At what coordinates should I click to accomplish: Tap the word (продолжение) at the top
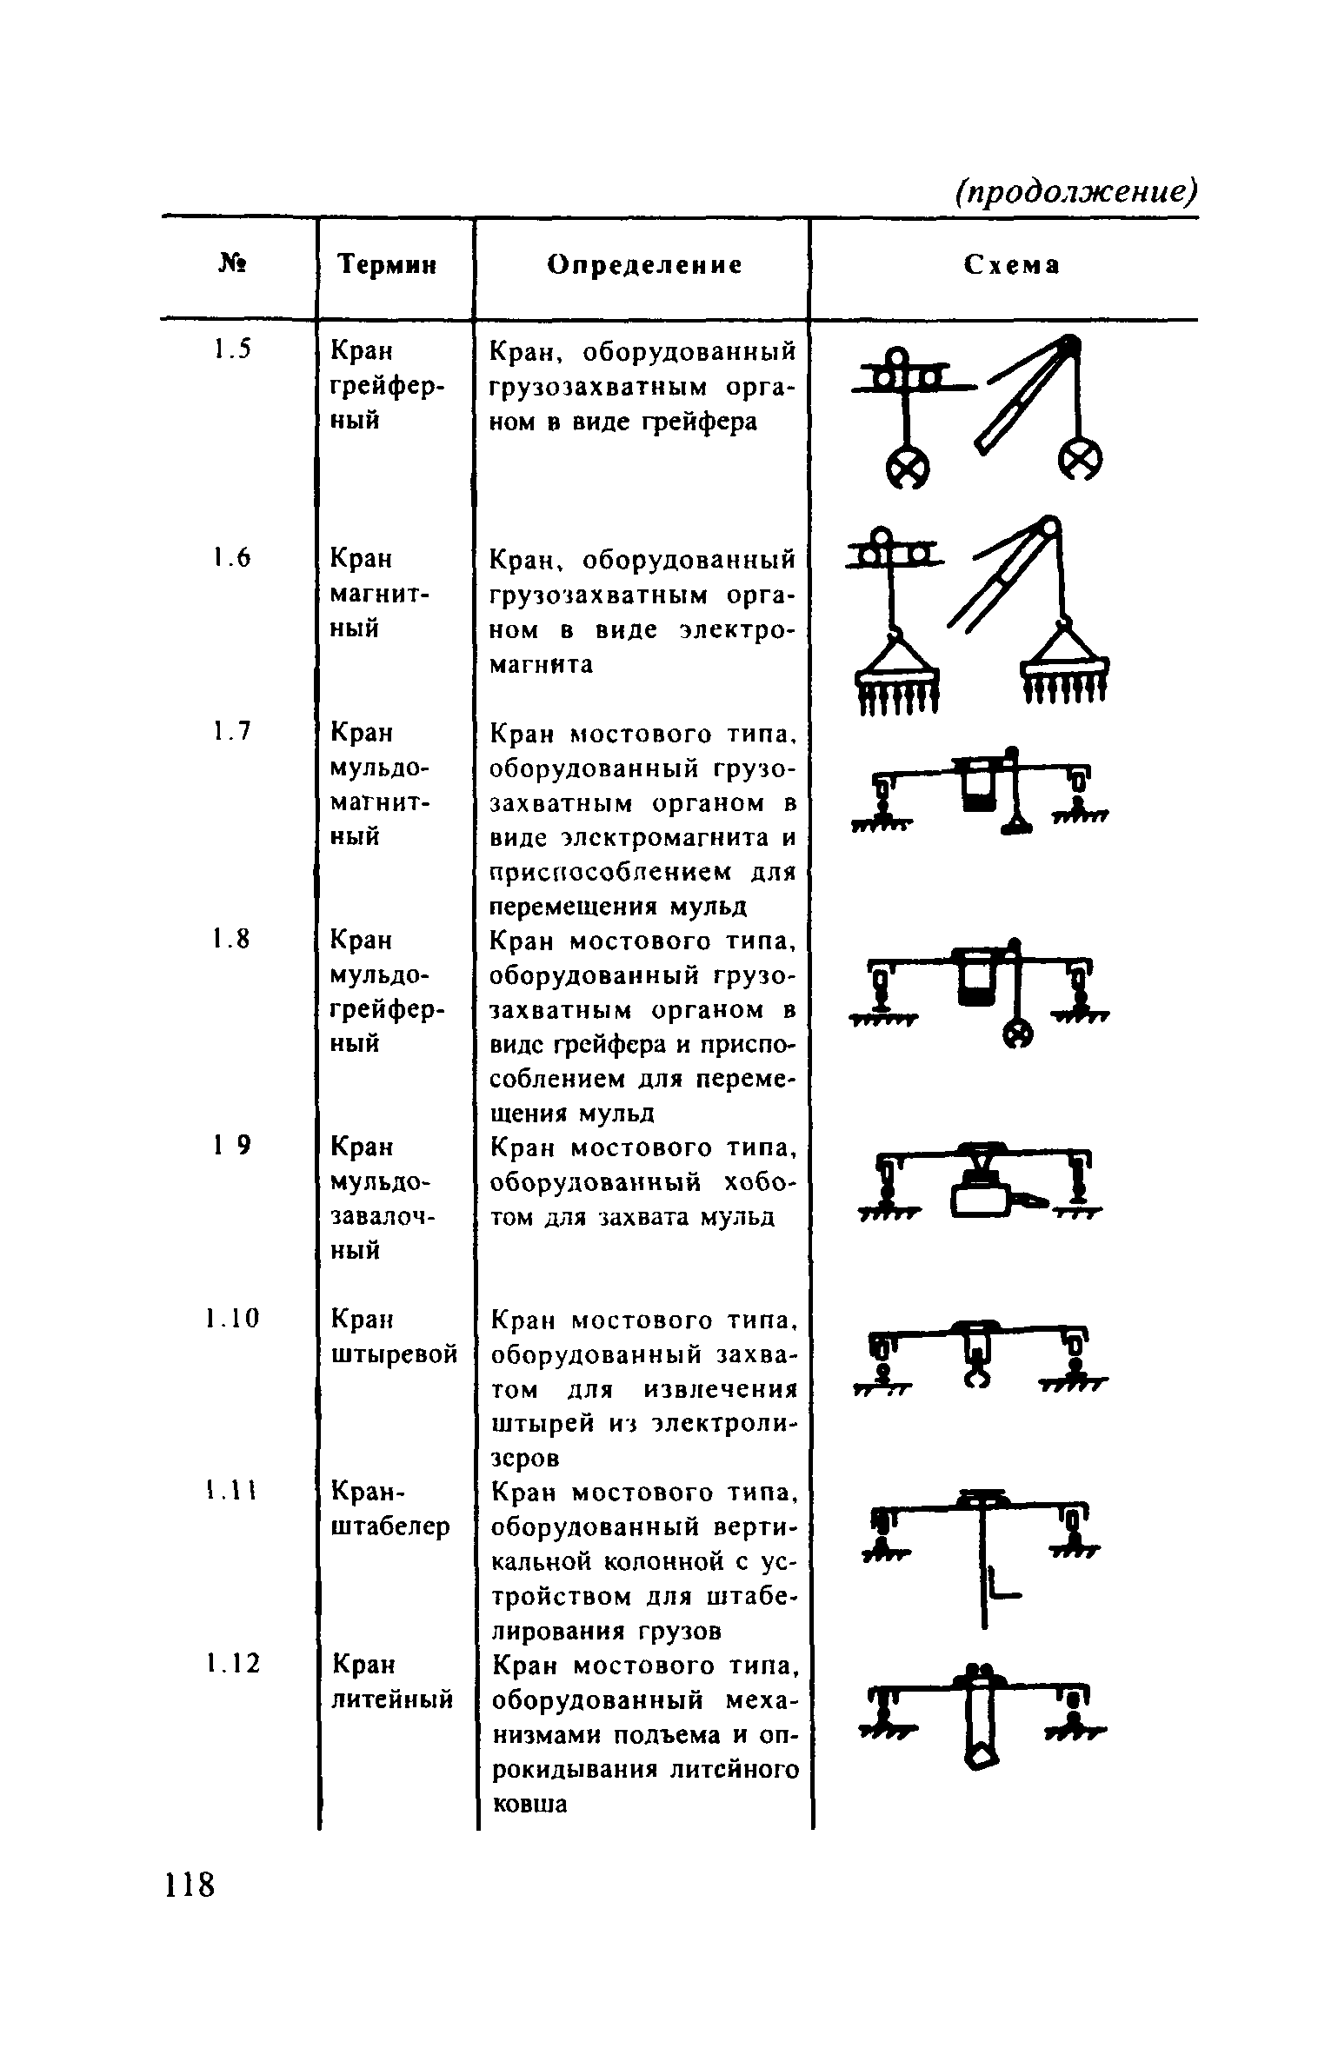coord(1075,191)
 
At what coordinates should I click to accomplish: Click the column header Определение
coord(645,264)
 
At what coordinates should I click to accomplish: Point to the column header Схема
coord(1013,264)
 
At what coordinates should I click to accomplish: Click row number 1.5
coord(232,350)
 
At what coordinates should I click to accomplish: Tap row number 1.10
coord(233,1320)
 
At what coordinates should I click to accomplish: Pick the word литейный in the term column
coord(393,1698)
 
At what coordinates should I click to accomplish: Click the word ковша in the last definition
coord(529,1804)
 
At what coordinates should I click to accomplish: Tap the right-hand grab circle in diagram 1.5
coord(1081,457)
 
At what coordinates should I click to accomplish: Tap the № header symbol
coord(230,264)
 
